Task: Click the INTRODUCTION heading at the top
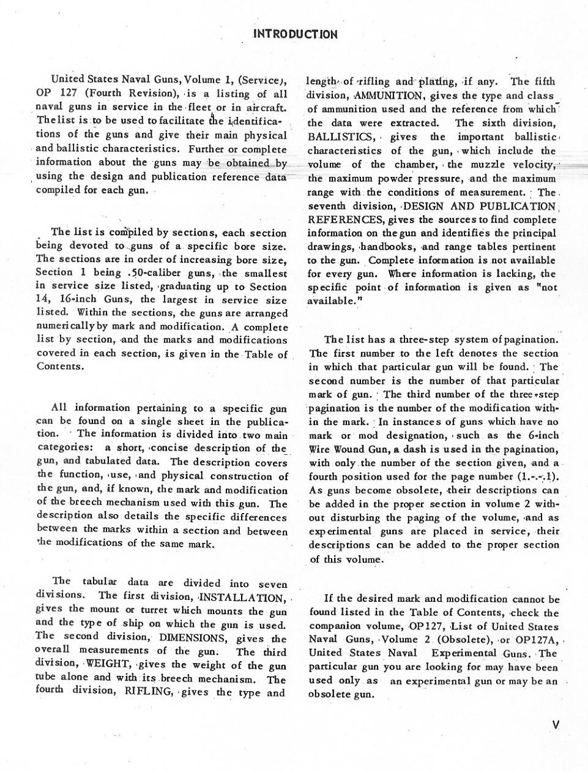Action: point(294,34)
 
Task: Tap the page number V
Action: point(555,725)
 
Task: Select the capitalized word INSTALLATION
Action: point(242,598)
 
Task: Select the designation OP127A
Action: point(534,640)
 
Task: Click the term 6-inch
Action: point(540,435)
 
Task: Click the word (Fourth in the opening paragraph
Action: point(106,93)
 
